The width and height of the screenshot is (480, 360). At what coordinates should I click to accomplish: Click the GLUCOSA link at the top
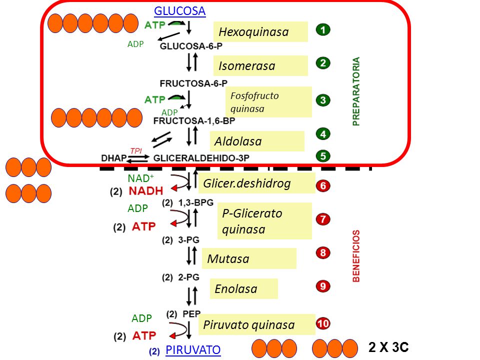[179, 11]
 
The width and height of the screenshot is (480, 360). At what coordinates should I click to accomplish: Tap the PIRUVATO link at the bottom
[192, 350]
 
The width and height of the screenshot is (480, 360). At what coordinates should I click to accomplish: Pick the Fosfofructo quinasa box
[268, 102]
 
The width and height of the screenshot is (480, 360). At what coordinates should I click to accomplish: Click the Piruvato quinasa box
[256, 324]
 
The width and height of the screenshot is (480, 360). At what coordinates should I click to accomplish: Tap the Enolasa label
[243, 288]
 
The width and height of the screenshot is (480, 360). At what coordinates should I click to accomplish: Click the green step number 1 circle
[322, 30]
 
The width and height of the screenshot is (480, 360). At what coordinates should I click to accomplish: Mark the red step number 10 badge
[322, 324]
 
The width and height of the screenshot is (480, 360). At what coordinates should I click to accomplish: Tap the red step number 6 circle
[322, 186]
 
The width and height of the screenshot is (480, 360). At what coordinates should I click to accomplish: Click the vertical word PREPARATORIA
[356, 91]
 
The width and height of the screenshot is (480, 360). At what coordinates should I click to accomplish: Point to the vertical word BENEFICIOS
[356, 256]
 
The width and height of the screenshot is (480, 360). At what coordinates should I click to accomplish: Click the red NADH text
[145, 191]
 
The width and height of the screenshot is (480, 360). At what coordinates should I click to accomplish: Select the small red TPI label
[136, 150]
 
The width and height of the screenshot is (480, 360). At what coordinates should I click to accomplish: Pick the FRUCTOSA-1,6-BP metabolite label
[194, 121]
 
